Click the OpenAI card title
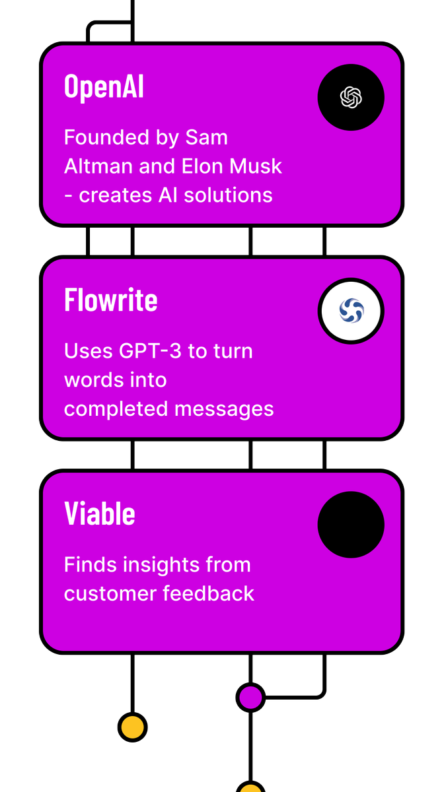[104, 86]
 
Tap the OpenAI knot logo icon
[351, 98]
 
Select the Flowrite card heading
[111, 300]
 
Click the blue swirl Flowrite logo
[351, 311]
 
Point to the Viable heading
[100, 513]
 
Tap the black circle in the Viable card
[351, 525]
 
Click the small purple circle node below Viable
[250, 697]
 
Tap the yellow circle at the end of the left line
[132, 727]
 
